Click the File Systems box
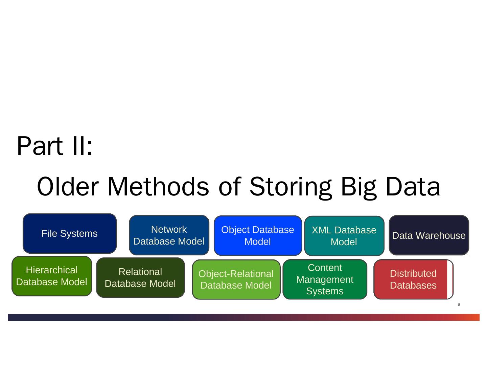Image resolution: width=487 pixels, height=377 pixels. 69,233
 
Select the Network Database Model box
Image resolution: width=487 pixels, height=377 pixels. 169,235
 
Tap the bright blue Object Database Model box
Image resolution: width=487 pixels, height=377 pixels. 258,235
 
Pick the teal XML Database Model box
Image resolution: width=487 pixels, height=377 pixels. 344,236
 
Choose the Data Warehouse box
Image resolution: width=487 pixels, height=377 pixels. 428,235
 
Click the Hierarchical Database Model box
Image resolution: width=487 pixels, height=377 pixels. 52,276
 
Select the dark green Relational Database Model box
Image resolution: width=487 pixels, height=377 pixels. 140,278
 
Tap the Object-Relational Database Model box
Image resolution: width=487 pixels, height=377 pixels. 236,279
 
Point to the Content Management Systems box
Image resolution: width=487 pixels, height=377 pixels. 325,279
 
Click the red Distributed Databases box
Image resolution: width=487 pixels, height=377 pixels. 411,279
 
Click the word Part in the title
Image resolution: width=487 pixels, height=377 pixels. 40,146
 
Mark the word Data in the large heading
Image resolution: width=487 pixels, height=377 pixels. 413,187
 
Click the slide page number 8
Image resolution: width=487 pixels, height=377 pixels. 459,305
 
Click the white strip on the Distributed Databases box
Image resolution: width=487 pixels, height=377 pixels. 450,279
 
